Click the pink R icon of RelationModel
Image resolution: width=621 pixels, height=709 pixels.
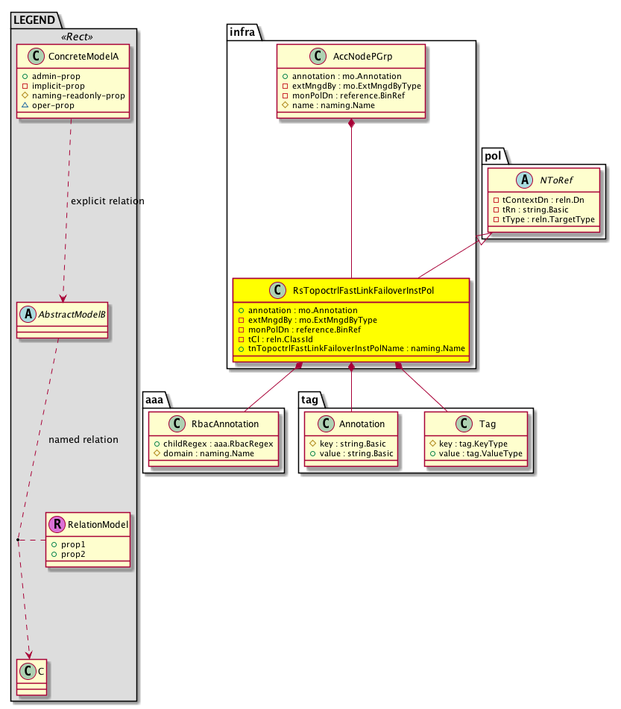57,524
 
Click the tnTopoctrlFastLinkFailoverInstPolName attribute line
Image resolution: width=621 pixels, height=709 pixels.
351,348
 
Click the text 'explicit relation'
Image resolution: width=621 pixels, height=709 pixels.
107,201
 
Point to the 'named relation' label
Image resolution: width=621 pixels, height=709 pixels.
83,439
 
